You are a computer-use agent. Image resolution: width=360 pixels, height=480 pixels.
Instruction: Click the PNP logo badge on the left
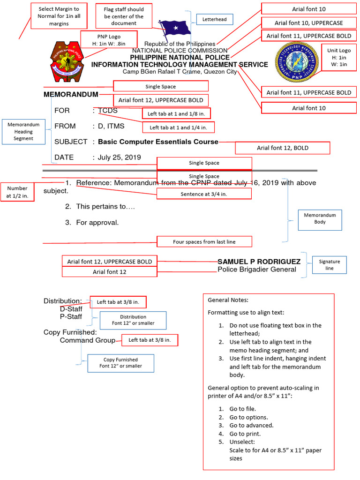pos(66,60)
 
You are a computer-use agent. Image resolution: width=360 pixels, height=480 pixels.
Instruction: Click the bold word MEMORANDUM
pos(71,94)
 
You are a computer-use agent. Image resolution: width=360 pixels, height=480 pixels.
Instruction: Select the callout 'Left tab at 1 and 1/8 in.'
pos(176,113)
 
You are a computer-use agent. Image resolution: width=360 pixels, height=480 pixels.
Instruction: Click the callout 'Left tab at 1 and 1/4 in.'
pos(181,127)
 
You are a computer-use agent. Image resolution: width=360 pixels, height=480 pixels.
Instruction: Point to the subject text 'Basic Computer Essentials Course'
pos(158,142)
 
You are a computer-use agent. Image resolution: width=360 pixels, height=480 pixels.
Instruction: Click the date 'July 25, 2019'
pos(119,157)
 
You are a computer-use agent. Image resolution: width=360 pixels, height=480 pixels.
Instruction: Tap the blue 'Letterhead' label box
pos(214,20)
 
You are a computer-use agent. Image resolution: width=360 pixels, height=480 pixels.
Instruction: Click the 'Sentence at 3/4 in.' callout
pos(204,194)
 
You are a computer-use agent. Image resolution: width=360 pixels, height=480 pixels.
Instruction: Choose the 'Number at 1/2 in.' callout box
pos(17,192)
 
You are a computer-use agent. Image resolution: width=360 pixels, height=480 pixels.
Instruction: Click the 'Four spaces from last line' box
pos(204,242)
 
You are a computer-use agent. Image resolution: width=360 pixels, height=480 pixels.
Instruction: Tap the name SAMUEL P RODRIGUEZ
pos(259,261)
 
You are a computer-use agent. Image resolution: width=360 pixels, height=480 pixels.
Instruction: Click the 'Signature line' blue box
pos(330,264)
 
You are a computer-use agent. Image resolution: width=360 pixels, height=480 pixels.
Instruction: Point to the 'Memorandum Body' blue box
pos(320,219)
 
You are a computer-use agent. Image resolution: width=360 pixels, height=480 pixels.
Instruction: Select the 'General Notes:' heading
pos(228,300)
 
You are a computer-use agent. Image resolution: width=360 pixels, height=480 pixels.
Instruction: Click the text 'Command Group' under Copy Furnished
pos(87,340)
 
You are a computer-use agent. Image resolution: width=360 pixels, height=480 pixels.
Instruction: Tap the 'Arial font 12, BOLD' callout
pos(282,148)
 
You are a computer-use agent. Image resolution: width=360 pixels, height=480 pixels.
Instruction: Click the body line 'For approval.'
pos(97,223)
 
